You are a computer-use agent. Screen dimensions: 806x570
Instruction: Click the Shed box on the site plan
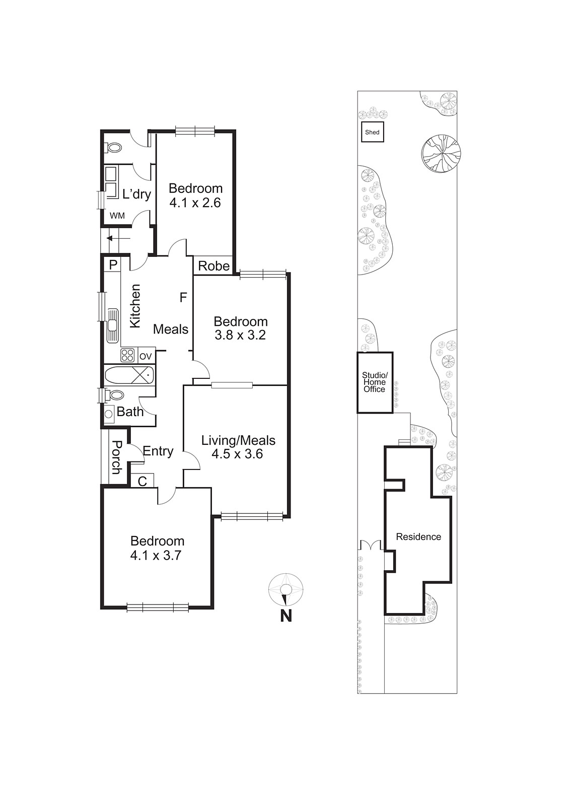(x=372, y=132)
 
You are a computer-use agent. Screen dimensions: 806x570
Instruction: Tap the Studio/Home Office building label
(x=374, y=382)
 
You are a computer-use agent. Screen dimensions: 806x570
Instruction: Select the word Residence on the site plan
(x=418, y=537)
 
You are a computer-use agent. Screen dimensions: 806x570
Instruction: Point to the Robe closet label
(x=213, y=266)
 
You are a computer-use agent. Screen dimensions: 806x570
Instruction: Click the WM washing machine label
(x=117, y=216)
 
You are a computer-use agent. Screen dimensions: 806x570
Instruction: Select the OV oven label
(x=146, y=356)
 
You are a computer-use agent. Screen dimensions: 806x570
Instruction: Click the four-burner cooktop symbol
(x=128, y=356)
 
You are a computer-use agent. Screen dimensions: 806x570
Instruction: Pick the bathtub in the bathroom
(x=129, y=375)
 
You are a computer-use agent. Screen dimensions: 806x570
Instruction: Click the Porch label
(x=116, y=457)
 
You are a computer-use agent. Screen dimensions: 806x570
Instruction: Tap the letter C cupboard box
(x=142, y=481)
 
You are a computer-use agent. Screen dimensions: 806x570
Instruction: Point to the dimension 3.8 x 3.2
(x=240, y=335)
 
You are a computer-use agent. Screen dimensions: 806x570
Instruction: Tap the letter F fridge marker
(x=183, y=298)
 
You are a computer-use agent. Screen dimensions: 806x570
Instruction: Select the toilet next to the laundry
(x=114, y=148)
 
